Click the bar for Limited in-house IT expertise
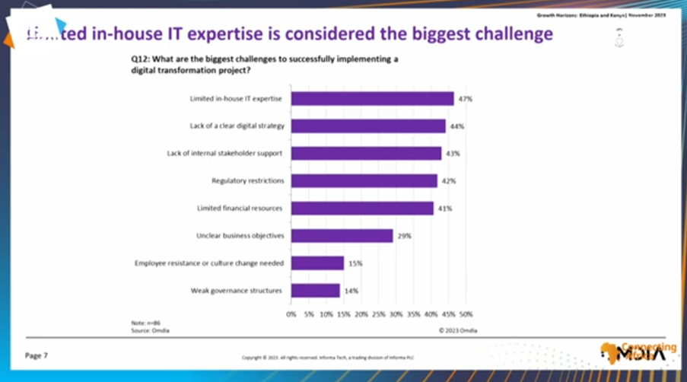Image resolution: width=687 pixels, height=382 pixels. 372,99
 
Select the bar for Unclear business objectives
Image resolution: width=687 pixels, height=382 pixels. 342,236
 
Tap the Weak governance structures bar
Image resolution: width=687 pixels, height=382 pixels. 315,291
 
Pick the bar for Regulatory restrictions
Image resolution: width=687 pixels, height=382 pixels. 364,181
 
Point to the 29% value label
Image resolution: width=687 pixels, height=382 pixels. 403,236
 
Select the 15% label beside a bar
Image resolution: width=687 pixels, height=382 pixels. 355,263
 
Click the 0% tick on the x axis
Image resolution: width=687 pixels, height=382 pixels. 291,313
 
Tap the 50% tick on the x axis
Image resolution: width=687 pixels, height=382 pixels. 465,313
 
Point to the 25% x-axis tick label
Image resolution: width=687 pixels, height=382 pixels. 377,313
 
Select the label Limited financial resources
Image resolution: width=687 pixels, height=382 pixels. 241,209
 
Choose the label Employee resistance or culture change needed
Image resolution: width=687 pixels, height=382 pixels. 208,263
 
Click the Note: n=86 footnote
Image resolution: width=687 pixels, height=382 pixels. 143,323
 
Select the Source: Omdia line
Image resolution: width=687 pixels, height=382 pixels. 148,330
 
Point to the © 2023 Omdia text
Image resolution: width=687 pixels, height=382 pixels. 457,330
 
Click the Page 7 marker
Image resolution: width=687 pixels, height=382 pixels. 37,355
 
